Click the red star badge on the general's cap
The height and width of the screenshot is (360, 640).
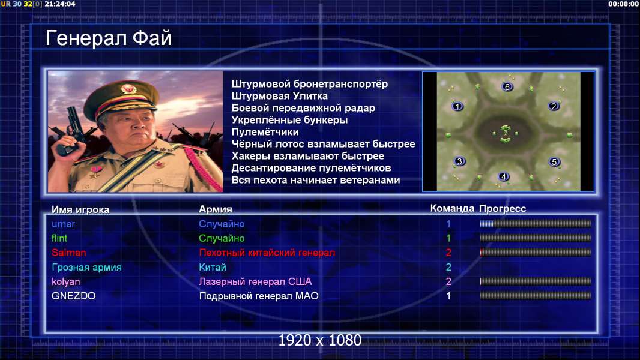click(128, 89)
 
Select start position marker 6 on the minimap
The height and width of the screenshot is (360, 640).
click(507, 87)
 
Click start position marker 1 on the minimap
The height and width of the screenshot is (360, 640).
click(457, 106)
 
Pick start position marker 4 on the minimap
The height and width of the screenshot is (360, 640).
click(504, 176)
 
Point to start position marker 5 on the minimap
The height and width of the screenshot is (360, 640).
click(554, 162)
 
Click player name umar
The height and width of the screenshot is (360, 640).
click(63, 224)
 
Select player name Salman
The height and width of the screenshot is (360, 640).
click(68, 253)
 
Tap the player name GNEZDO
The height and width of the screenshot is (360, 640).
click(73, 296)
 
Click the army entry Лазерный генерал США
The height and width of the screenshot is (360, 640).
click(255, 281)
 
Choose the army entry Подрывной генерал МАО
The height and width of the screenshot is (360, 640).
click(259, 296)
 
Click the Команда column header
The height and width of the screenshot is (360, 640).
click(452, 208)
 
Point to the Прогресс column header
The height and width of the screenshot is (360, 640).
click(503, 209)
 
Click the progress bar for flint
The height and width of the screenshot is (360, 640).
click(536, 238)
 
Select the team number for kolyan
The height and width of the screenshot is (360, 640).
click(448, 281)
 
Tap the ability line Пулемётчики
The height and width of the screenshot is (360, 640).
click(265, 132)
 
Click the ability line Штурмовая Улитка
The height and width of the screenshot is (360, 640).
click(280, 96)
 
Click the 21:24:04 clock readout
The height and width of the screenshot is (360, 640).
click(60, 4)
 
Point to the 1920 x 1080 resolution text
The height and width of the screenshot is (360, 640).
click(320, 340)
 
